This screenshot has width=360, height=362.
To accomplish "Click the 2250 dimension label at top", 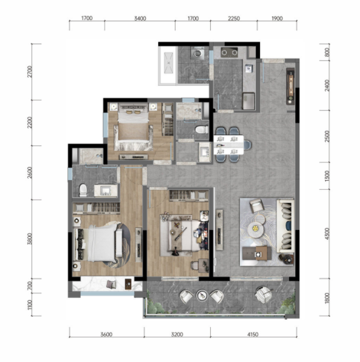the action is (234, 18).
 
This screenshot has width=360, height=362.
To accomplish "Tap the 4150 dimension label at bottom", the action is (253, 334).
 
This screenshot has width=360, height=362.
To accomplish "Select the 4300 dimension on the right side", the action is (327, 233).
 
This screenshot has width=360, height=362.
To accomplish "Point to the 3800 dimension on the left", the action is (30, 238).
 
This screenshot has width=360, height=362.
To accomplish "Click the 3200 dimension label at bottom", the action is (177, 334).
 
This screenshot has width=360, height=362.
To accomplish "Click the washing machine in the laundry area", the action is (197, 53).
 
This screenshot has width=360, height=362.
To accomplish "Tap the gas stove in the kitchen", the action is (229, 52).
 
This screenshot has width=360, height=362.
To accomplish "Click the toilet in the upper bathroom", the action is (202, 129).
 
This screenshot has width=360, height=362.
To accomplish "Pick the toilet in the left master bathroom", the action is (83, 190).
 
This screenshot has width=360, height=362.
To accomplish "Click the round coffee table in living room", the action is (255, 229).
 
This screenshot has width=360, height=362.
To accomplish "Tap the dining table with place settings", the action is (229, 145).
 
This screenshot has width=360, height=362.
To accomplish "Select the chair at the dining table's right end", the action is (247, 145).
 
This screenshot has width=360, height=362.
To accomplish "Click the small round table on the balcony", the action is (202, 295).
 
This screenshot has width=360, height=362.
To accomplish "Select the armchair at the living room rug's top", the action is (257, 206).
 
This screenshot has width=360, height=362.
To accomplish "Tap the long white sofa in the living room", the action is (286, 226).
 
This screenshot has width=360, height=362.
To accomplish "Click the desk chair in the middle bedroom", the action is (194, 265).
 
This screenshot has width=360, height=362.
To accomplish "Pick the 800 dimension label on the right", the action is (327, 53).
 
